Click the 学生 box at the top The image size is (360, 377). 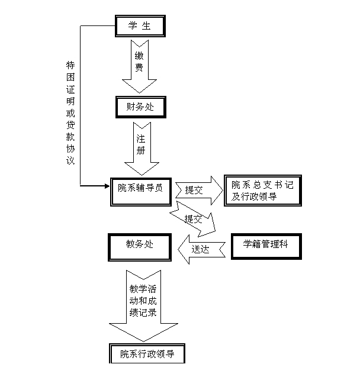[139, 25]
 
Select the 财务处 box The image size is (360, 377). [139, 107]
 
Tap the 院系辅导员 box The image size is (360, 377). [140, 189]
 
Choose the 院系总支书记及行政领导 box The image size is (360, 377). [262, 190]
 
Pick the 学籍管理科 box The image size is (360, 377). [265, 244]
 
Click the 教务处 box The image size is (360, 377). [139, 245]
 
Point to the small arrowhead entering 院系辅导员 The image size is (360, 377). [107, 186]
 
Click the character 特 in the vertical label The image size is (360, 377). [70, 66]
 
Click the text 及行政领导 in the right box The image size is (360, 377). [255, 196]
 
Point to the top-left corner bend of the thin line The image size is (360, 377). [80, 25]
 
